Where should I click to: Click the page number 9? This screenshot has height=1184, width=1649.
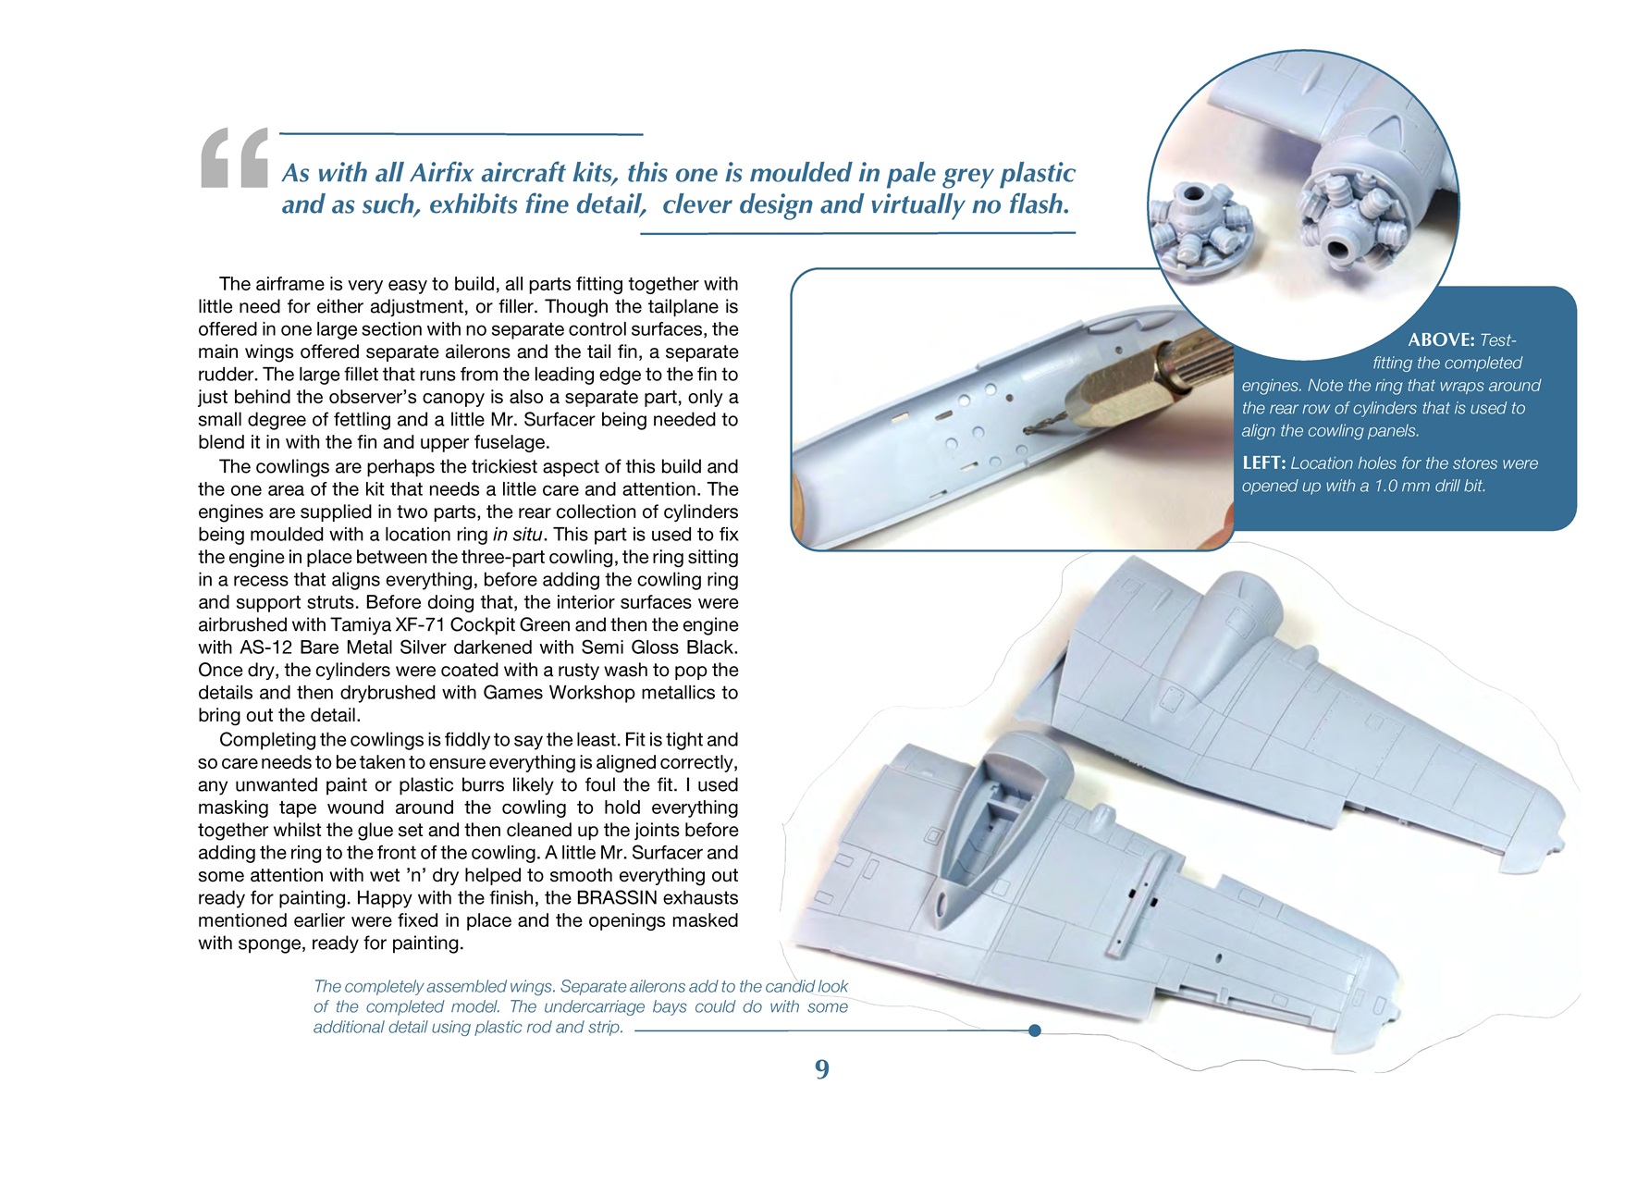tap(821, 1069)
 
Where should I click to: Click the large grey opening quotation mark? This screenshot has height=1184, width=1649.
tap(234, 159)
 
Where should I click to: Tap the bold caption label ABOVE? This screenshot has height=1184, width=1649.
tap(1440, 340)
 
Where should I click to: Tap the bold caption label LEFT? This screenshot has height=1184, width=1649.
tap(1263, 463)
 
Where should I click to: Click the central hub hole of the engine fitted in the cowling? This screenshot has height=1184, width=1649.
tap(1338, 248)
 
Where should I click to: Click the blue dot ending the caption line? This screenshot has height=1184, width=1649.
tap(1034, 1030)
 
